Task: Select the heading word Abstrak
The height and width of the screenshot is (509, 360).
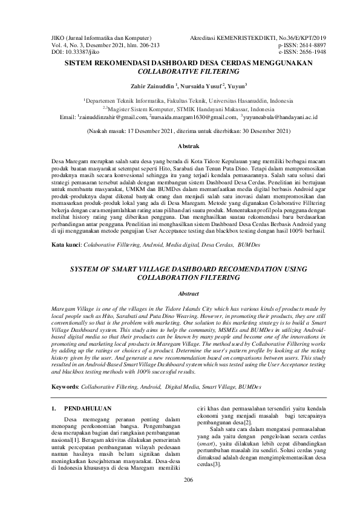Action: pos(180,147)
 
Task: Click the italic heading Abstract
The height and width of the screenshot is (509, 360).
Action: pos(180,293)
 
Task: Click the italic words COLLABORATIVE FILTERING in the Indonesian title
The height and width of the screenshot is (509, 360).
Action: pos(180,70)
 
